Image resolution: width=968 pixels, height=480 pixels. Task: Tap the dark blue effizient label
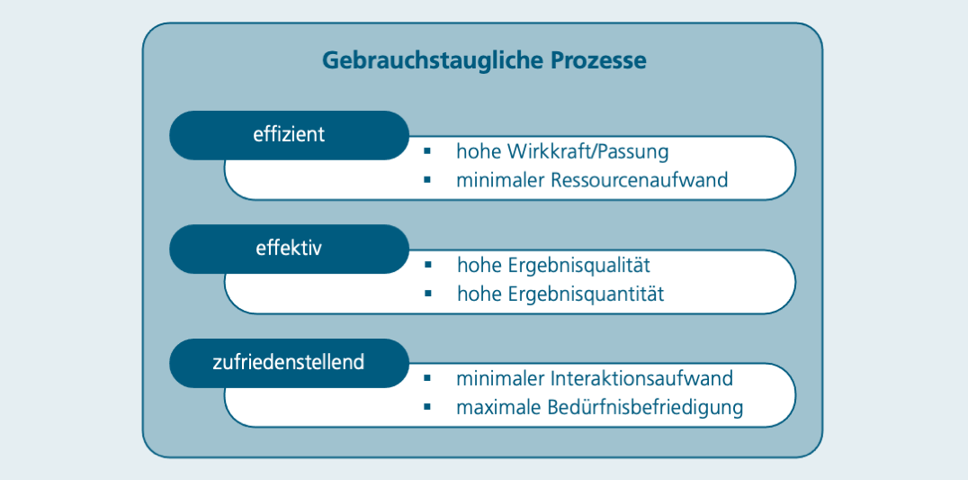(x=289, y=135)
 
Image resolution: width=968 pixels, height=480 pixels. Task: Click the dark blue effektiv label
(x=289, y=249)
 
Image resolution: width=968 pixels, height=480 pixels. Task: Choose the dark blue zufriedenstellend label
(x=289, y=363)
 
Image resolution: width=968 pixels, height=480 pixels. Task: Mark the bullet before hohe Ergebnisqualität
(x=428, y=265)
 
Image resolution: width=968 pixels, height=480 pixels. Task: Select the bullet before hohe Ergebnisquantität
(x=428, y=294)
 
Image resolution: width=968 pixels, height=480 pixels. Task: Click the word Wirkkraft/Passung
(x=588, y=152)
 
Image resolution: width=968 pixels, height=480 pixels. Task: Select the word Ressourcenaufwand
(x=640, y=180)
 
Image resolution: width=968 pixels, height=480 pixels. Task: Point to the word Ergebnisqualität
(x=579, y=267)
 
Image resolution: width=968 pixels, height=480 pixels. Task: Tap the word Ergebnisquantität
(x=587, y=294)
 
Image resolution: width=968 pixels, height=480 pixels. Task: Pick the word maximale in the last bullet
(x=499, y=408)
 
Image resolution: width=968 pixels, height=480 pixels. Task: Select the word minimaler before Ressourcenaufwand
(x=499, y=180)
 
